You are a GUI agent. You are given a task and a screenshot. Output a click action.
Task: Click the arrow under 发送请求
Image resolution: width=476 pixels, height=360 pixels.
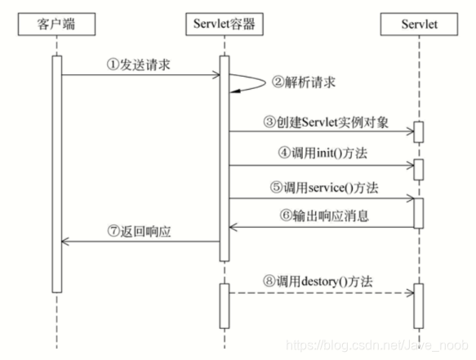coord(140,76)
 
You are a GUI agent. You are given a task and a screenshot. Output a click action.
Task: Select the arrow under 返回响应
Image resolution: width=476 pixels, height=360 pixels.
coord(140,242)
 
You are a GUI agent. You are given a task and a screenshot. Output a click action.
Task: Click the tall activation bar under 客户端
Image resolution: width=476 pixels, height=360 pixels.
coord(57,171)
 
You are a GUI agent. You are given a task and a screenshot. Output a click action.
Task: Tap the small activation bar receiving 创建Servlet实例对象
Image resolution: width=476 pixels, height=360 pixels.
coord(418,132)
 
